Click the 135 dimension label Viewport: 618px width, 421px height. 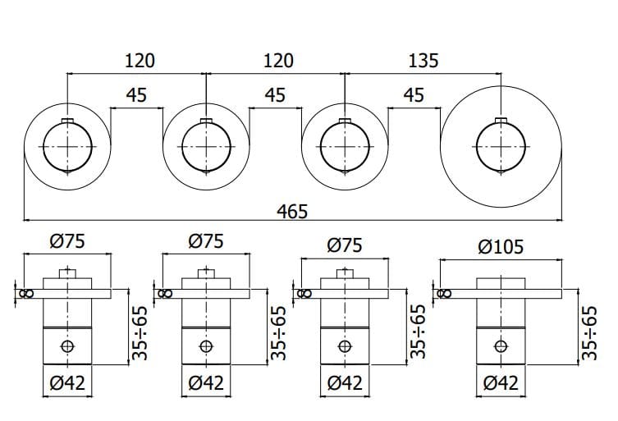(422, 61)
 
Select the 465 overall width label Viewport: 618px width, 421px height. (291, 211)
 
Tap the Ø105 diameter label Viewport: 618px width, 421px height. (501, 245)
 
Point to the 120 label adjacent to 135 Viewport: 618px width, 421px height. (277, 61)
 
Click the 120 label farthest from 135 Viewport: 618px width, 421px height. (137, 61)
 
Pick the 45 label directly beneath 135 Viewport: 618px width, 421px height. (414, 95)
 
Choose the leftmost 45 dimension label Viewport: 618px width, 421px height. (136, 95)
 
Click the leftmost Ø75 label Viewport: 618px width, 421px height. (67, 241)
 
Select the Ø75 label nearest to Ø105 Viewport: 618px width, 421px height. (346, 244)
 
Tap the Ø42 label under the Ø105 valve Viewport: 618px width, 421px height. (501, 382)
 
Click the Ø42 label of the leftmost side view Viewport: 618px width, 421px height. (67, 382)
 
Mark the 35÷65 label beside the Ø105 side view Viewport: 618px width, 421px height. (588, 334)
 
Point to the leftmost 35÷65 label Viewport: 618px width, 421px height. (140, 334)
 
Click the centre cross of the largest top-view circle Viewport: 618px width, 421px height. (500, 147)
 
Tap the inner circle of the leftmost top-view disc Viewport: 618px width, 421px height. (66, 147)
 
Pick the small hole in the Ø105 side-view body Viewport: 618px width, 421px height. (500, 345)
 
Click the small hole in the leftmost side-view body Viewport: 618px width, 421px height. (66, 345)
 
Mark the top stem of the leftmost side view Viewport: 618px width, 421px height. (66, 273)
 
